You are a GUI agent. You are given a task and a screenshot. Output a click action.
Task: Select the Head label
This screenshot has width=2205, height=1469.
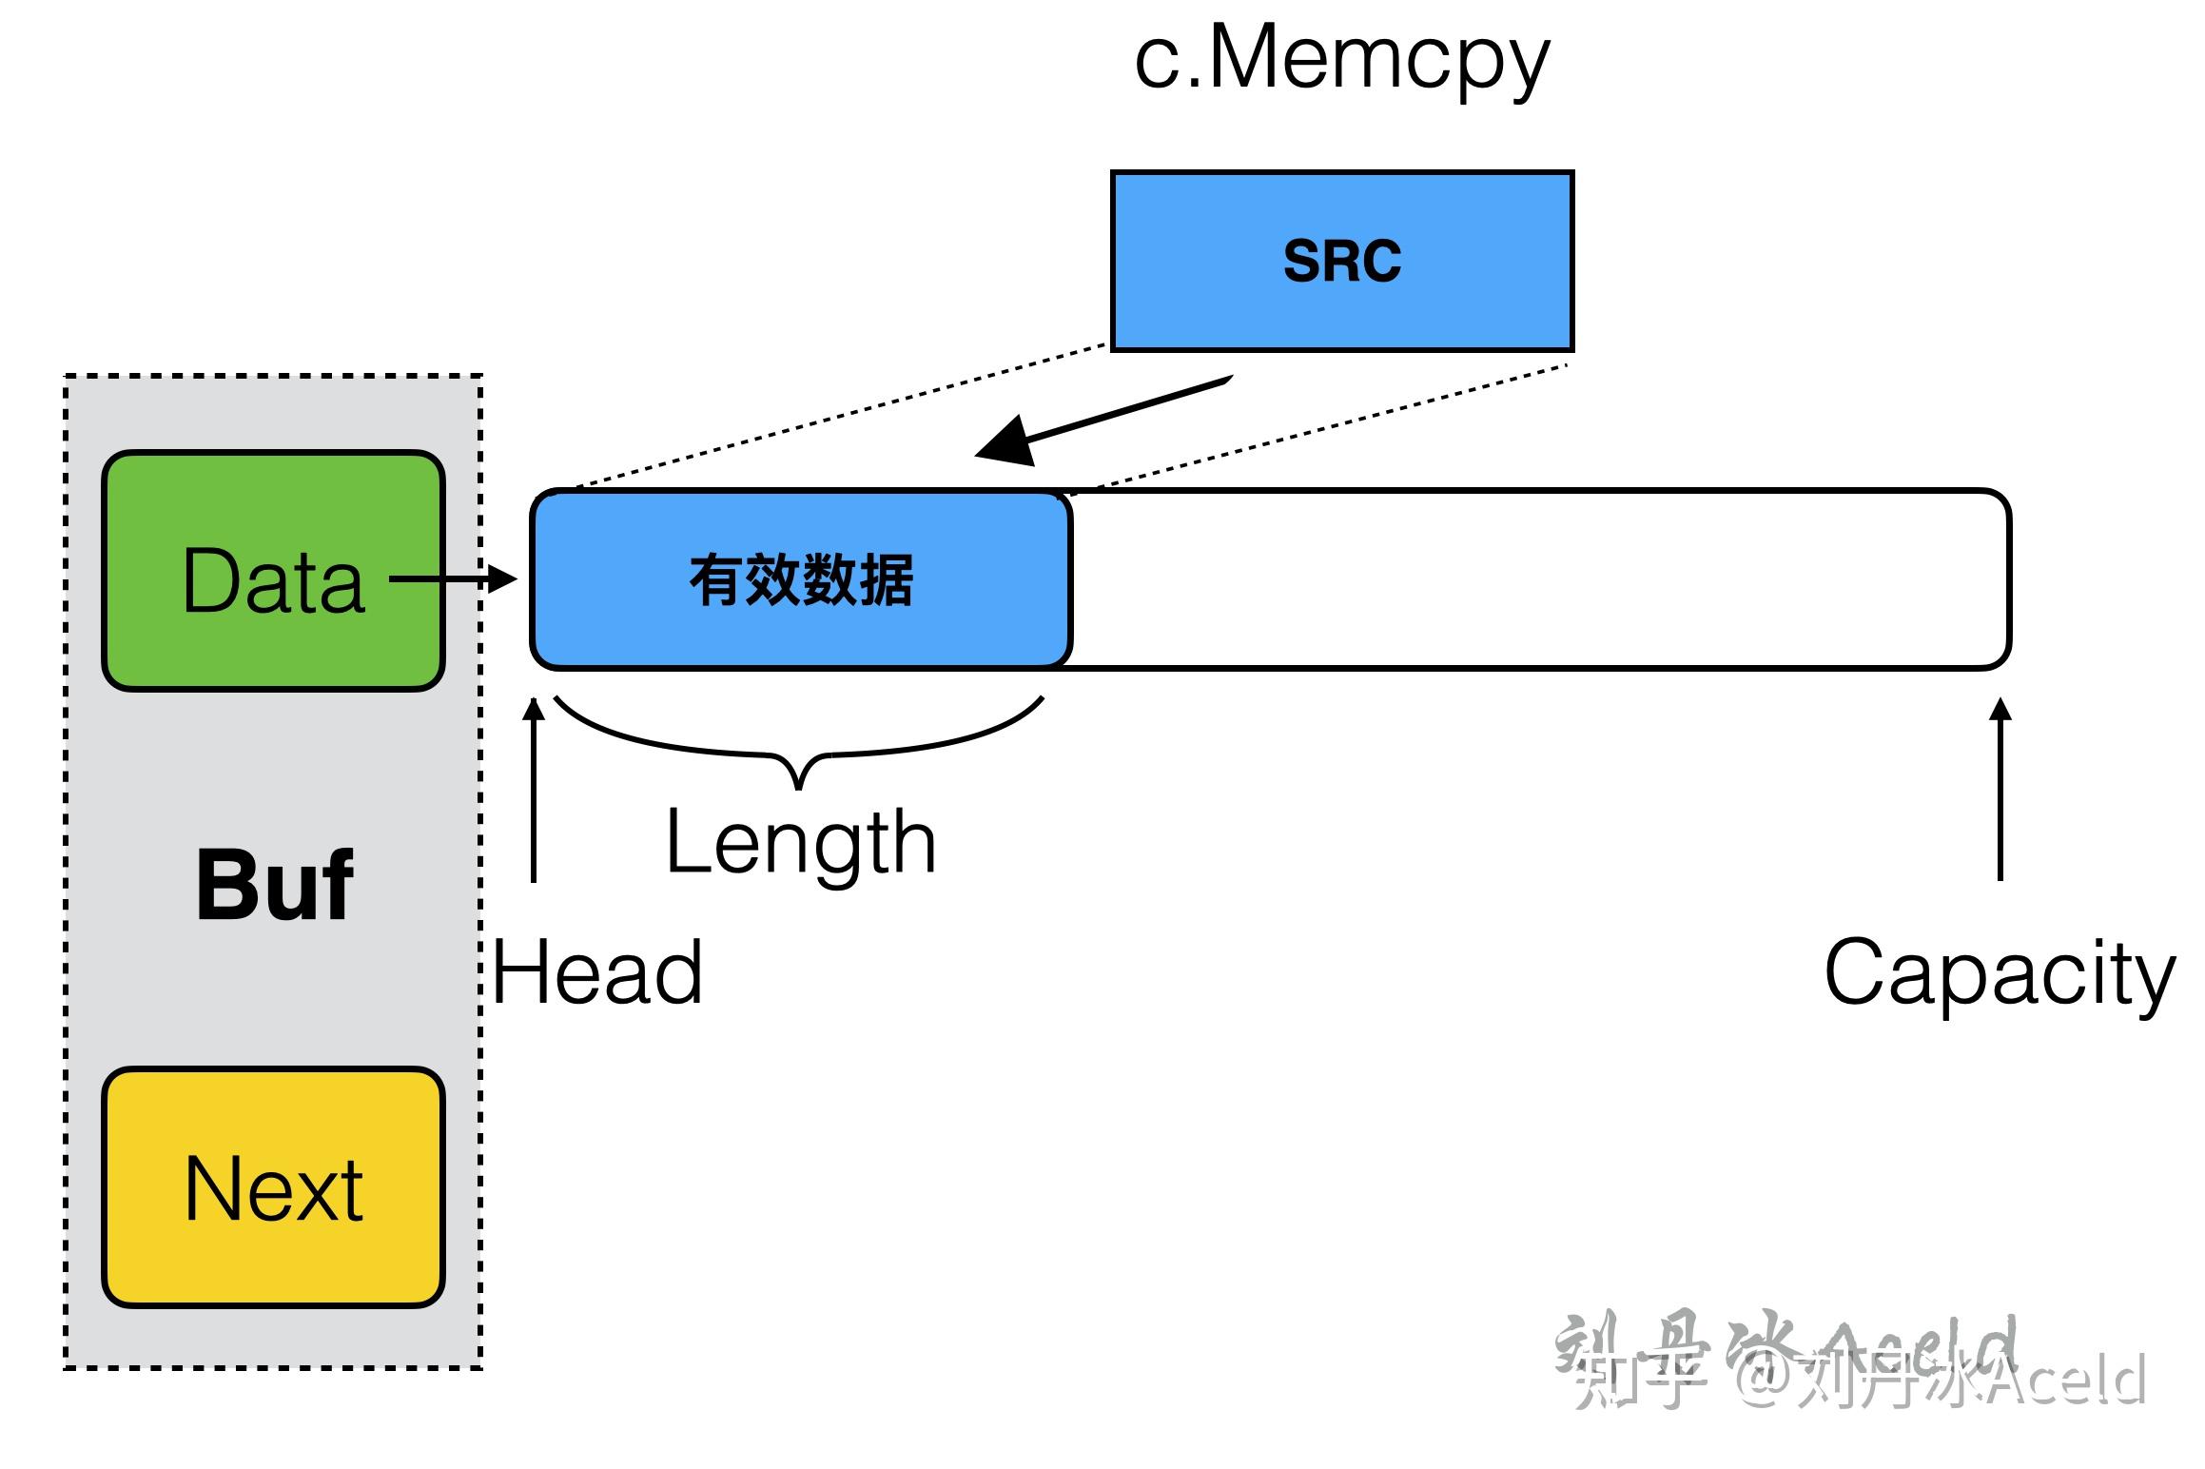pyautogui.click(x=597, y=972)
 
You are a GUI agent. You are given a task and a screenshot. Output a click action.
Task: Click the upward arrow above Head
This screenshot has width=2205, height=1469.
pyautogui.click(x=535, y=790)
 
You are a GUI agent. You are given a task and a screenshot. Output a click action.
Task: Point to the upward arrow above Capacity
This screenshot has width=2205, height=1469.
pyautogui.click(x=2000, y=790)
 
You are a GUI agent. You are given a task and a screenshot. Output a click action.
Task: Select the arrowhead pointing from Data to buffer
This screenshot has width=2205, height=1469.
pyautogui.click(x=501, y=578)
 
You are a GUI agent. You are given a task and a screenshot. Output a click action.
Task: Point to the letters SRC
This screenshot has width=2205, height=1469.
pyautogui.click(x=1341, y=261)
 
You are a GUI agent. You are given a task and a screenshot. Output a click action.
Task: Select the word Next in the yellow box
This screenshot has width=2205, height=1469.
pyautogui.click(x=273, y=1189)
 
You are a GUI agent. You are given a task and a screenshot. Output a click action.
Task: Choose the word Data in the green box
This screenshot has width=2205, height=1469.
pyautogui.click(x=273, y=580)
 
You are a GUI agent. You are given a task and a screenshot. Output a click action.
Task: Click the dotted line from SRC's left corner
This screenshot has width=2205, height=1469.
pyautogui.click(x=837, y=415)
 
